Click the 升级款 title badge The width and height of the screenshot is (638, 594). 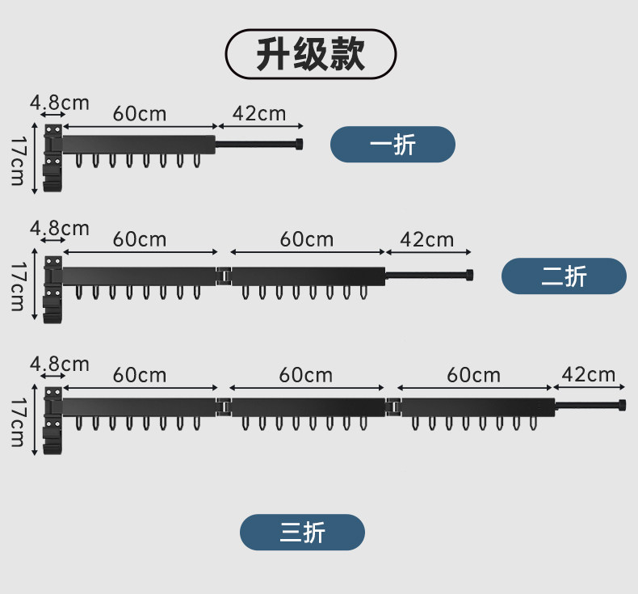pyautogui.click(x=310, y=54)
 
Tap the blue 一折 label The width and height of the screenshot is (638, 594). pyautogui.click(x=392, y=145)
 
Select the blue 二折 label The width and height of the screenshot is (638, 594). pyautogui.click(x=564, y=276)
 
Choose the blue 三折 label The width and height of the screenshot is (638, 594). pyautogui.click(x=302, y=533)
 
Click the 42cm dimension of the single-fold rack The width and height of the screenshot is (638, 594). pyautogui.click(x=259, y=113)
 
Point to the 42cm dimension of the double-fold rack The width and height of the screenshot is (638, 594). pyautogui.click(x=427, y=239)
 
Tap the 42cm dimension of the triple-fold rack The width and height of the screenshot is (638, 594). pyautogui.click(x=589, y=374)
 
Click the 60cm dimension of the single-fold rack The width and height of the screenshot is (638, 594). pyautogui.click(x=140, y=113)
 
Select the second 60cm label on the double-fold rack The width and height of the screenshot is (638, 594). pyautogui.click(x=307, y=239)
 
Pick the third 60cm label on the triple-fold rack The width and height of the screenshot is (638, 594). pyautogui.click(x=473, y=375)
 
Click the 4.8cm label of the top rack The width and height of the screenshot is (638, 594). pyautogui.click(x=59, y=103)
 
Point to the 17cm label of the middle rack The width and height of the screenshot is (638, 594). pyautogui.click(x=17, y=285)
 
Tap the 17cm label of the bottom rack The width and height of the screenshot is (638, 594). pyautogui.click(x=17, y=421)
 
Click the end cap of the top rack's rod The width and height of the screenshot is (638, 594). pyautogui.click(x=300, y=145)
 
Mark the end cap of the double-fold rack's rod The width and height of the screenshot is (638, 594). pyautogui.click(x=468, y=275)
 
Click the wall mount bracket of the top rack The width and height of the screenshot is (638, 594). pyautogui.click(x=52, y=159)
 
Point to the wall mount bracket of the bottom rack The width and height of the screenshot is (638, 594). pyautogui.click(x=52, y=420)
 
